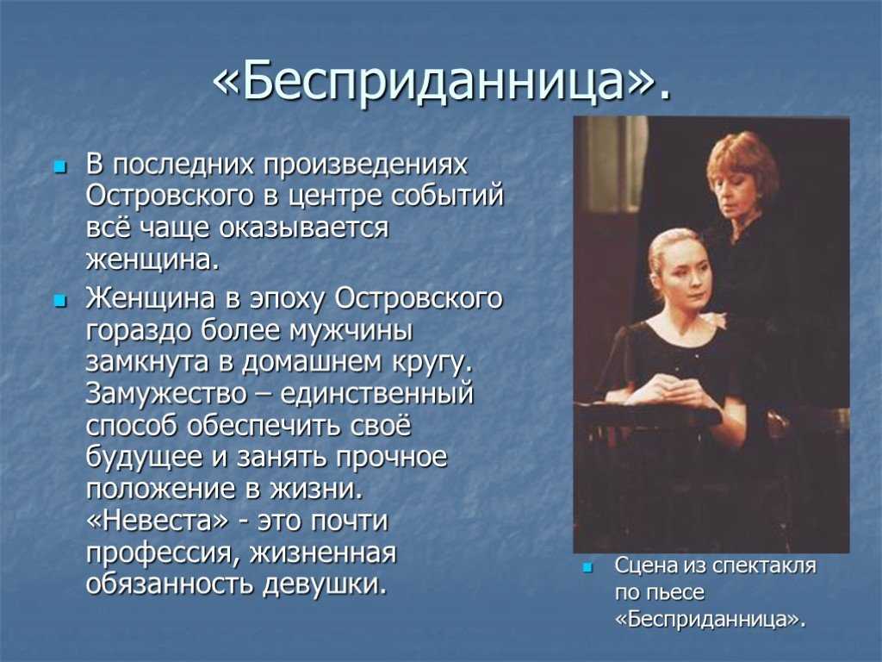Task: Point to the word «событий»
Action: click(x=447, y=196)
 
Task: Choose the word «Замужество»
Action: click(x=166, y=393)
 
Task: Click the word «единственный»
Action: click(x=377, y=393)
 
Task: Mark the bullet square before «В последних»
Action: click(x=59, y=167)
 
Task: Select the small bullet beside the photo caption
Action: click(x=587, y=567)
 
